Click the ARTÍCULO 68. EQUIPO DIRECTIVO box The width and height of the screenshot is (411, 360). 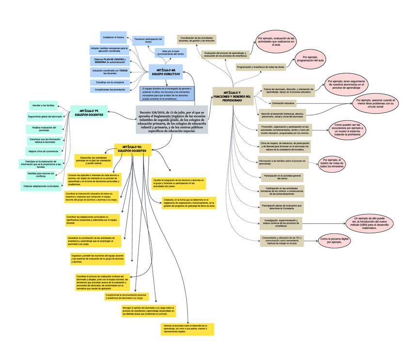165,72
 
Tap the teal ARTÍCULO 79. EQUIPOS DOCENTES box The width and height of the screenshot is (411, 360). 89,113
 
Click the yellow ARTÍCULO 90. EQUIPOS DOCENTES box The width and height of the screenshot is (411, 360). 132,149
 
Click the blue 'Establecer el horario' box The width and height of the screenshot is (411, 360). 113,37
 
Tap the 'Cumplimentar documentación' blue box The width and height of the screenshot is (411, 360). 110,90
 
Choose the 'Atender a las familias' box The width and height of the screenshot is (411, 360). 44,105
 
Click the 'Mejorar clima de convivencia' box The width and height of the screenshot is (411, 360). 44,151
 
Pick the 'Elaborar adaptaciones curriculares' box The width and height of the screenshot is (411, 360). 44,186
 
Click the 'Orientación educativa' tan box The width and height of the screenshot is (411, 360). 283,103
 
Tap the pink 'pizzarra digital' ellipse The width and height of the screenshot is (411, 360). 334,241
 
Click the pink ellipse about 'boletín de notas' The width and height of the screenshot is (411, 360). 334,164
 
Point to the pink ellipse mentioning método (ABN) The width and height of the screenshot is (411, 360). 369,223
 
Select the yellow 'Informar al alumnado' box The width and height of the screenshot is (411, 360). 188,328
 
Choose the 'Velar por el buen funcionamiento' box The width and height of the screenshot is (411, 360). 171,53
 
